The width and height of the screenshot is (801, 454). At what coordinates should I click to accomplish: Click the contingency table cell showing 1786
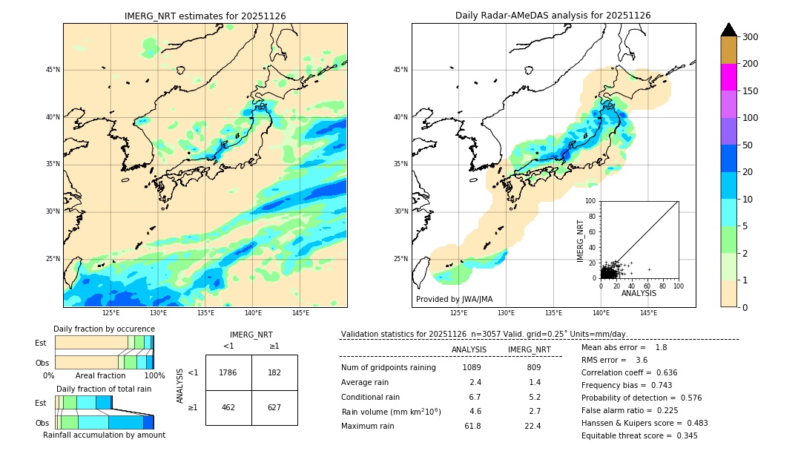[x=228, y=372]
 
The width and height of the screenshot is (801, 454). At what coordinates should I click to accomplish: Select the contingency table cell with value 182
[x=274, y=372]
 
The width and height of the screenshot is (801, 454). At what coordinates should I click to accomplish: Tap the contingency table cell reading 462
[x=228, y=407]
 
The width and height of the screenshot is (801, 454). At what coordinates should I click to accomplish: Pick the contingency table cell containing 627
[x=274, y=407]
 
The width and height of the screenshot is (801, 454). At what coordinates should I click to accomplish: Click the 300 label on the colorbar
[x=751, y=37]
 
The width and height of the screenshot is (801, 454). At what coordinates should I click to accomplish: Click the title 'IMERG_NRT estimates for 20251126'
[x=205, y=16]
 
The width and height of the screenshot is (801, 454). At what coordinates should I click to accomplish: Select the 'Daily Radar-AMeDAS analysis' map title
[x=553, y=16]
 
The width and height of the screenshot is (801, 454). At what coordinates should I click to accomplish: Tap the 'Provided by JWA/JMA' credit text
[x=454, y=300]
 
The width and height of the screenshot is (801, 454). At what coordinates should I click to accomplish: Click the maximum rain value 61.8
[x=472, y=426]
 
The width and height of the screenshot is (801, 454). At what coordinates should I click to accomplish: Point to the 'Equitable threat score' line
[x=639, y=435]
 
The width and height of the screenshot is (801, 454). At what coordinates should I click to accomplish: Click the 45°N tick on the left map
[x=53, y=70]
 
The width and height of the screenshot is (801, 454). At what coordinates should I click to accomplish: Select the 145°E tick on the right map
[x=648, y=313]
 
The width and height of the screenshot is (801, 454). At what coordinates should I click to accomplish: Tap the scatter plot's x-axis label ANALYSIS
[x=639, y=293]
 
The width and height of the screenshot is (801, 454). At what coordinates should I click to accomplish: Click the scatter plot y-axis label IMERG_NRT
[x=581, y=240]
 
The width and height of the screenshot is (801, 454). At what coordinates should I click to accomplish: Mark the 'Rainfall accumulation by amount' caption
[x=104, y=435]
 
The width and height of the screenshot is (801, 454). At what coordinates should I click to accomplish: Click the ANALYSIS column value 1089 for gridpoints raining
[x=472, y=367]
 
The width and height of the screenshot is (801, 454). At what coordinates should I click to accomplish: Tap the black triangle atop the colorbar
[x=729, y=30]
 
